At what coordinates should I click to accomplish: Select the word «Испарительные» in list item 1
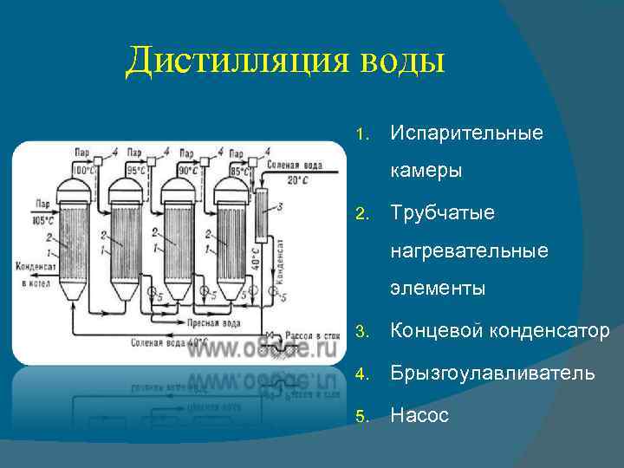tap(466, 133)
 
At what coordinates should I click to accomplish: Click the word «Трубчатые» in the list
tap(442, 212)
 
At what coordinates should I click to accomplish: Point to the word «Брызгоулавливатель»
tap(492, 373)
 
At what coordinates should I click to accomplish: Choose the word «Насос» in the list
tap(419, 415)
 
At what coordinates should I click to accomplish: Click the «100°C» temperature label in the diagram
tap(83, 170)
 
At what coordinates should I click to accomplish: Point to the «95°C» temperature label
tap(136, 170)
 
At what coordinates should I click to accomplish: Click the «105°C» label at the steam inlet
tap(35, 219)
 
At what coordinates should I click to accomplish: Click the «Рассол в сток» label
tap(309, 334)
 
